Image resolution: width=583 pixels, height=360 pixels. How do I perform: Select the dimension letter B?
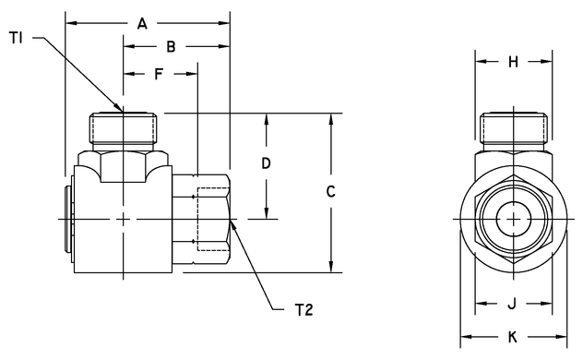(170, 45)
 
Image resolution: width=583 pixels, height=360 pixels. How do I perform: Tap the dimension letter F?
(159, 73)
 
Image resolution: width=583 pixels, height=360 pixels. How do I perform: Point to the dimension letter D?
(266, 164)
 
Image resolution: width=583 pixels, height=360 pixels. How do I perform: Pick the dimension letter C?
(330, 192)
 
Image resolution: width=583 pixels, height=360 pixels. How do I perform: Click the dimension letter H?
(513, 62)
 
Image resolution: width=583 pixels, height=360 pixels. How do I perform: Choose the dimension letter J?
(512, 303)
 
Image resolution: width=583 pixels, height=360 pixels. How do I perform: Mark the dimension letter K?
(512, 338)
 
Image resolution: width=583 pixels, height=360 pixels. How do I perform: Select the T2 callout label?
(304, 310)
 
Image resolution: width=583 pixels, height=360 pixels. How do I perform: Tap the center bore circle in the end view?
(512, 220)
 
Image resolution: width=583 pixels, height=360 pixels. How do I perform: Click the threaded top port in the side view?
(125, 128)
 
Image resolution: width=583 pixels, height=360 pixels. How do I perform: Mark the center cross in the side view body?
(125, 219)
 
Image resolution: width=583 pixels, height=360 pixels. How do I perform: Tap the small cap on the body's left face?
(69, 217)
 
